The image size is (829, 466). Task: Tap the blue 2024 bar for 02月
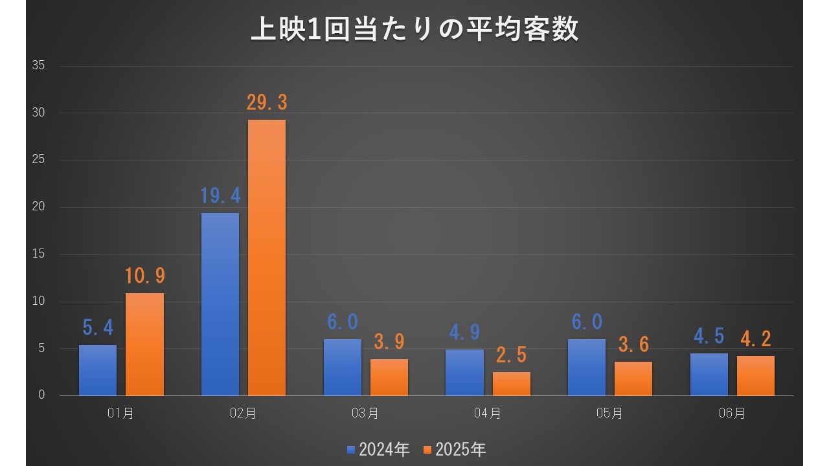(220, 304)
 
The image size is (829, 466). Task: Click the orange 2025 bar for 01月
(144, 344)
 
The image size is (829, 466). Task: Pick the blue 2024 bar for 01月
(98, 370)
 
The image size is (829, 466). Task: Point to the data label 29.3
(266, 103)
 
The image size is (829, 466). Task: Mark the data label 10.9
(144, 276)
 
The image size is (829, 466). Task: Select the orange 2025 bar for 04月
(512, 384)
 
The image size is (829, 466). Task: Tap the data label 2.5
(512, 355)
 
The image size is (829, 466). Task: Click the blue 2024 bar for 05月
(587, 368)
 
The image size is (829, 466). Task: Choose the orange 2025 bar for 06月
(756, 376)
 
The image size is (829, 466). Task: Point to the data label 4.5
(709, 337)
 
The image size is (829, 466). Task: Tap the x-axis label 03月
(365, 414)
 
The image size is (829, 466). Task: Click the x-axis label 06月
(732, 414)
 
